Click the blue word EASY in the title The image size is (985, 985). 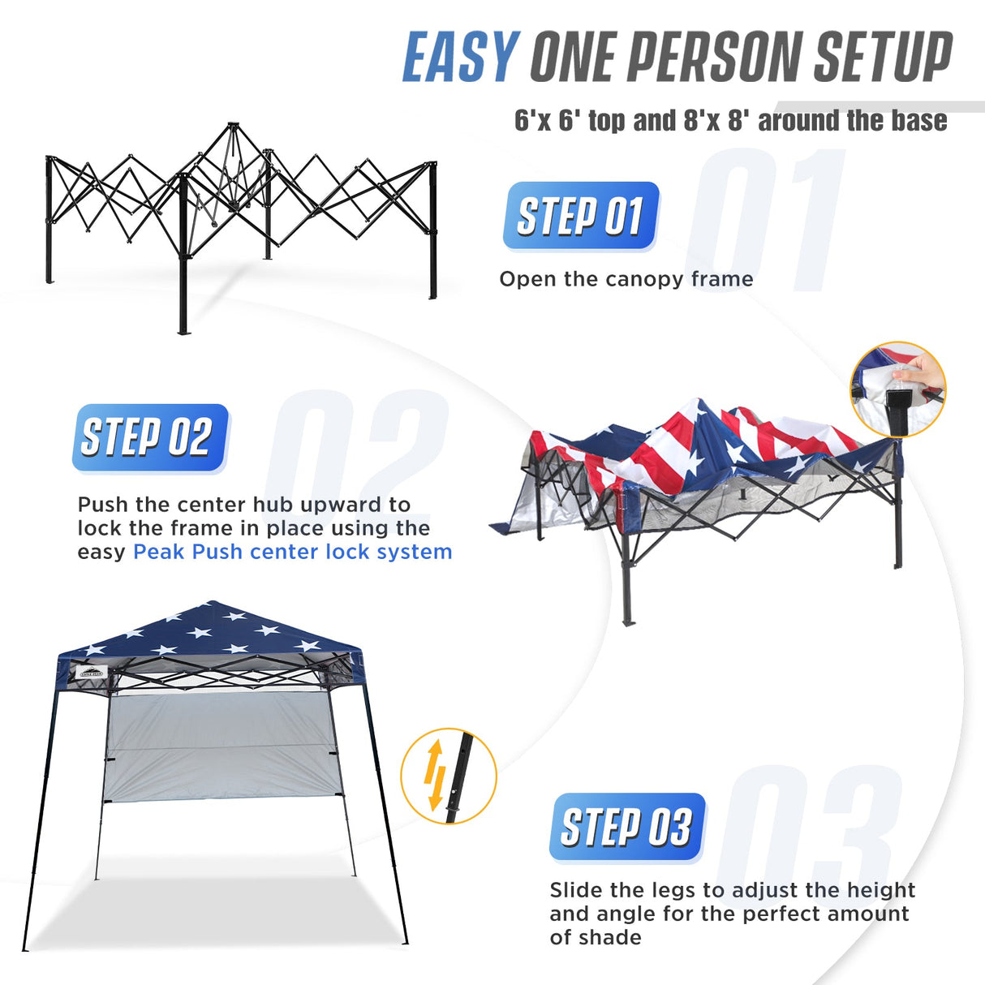coord(460,57)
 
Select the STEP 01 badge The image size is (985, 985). coord(580,216)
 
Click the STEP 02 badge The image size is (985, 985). coord(149,437)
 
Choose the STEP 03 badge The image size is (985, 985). coord(626,827)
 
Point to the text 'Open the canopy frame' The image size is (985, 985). coord(626,279)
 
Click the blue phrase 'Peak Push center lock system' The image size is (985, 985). coord(292,552)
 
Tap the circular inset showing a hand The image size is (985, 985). coord(897,389)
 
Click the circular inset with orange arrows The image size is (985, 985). coord(448,776)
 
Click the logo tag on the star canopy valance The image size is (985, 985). coord(91,672)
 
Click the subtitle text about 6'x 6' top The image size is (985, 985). coord(730,121)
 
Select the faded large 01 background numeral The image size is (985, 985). coord(767,219)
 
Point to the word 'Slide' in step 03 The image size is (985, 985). coord(576,890)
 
